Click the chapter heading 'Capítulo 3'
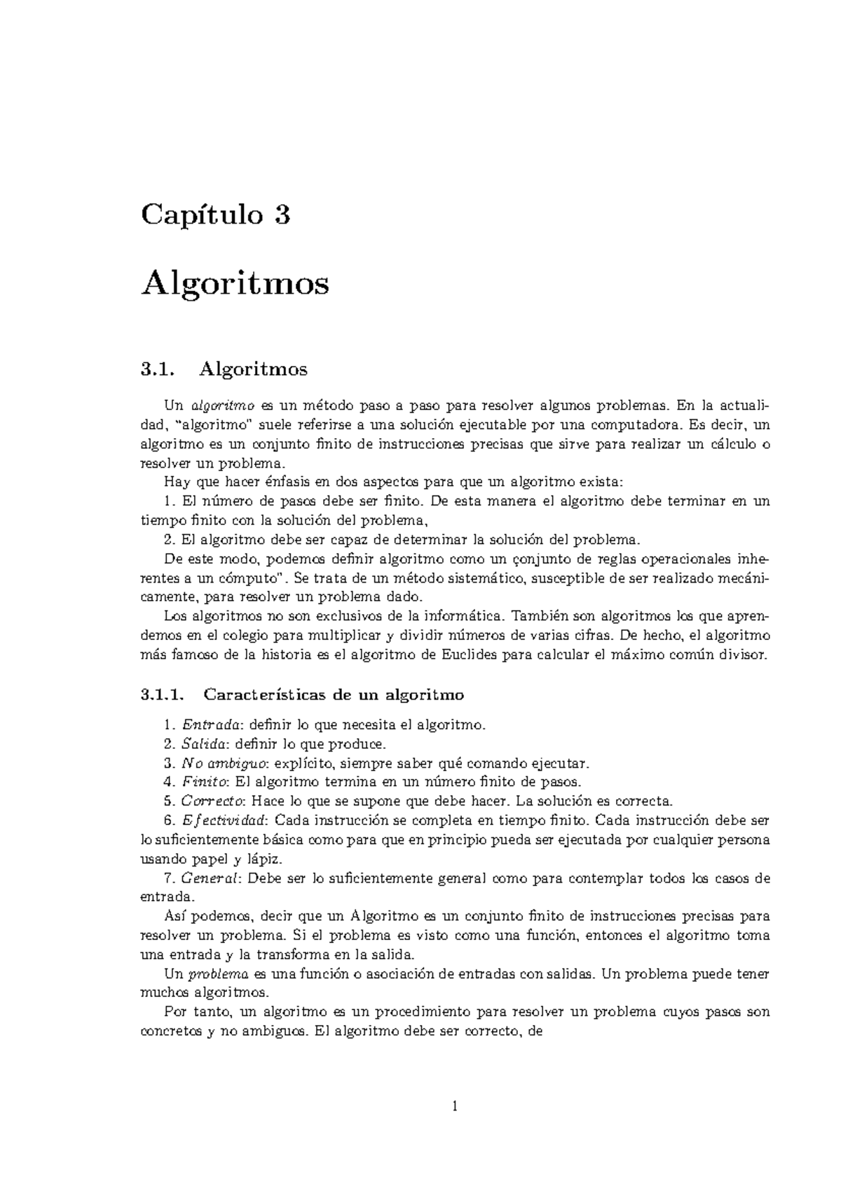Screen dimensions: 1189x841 tap(215, 215)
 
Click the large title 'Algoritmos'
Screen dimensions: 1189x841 tap(235, 284)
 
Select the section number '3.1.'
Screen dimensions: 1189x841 tap(156, 368)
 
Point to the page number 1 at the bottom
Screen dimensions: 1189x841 tap(455, 1106)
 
